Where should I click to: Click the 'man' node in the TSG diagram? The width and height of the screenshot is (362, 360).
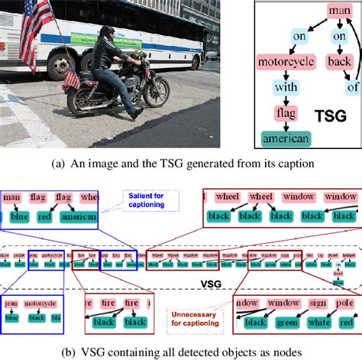[339, 11]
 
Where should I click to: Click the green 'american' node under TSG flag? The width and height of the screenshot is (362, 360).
[287, 138]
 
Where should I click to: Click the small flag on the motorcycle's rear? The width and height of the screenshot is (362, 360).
[71, 77]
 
